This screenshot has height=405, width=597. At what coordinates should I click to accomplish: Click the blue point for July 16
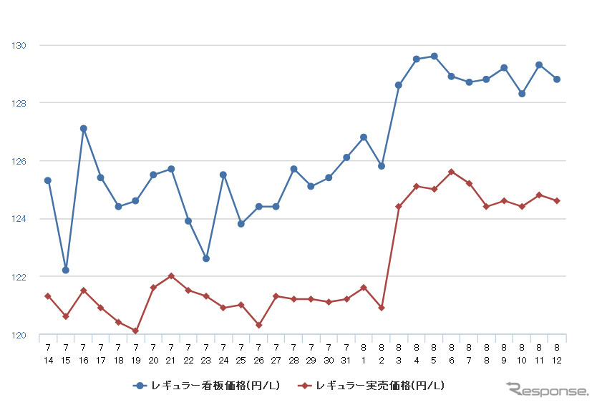coord(83,129)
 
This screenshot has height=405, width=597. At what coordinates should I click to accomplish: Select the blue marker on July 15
coord(66,270)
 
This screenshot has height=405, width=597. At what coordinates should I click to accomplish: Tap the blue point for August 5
coord(435,56)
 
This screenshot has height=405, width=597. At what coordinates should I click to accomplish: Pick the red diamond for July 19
coord(136,331)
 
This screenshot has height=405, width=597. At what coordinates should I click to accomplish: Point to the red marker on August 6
coord(452,172)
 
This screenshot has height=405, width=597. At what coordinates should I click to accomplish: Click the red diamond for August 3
coord(399,207)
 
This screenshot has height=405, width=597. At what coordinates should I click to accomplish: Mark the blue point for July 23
coord(206,258)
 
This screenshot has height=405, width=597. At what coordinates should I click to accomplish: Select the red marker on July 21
coord(171,275)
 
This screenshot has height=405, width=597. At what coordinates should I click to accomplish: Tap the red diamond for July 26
coord(258,325)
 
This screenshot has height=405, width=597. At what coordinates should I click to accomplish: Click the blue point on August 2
coord(382,166)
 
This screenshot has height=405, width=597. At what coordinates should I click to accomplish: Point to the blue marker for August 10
coord(522,94)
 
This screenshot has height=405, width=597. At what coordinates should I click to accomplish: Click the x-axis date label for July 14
coord(48,353)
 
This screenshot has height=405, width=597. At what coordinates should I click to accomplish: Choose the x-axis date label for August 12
coord(557,353)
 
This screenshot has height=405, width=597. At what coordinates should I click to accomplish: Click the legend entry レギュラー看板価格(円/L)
coord(207,386)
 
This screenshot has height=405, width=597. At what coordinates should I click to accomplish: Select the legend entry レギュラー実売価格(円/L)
coord(372,386)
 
